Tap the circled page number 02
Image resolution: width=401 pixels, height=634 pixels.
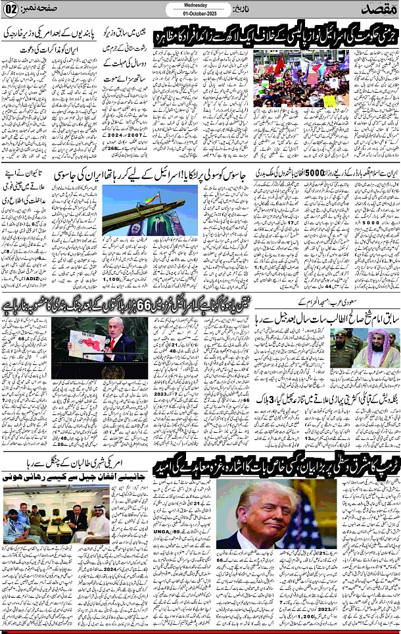(11, 11)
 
